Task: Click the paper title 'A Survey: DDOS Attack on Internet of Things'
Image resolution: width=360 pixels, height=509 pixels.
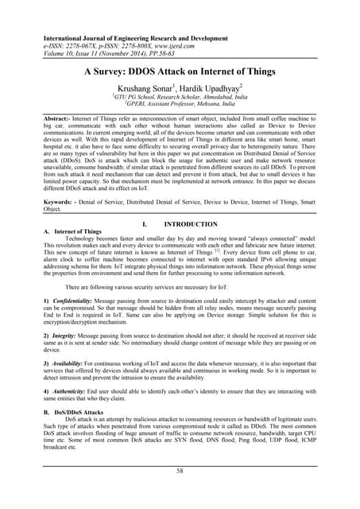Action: [x=180, y=71]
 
